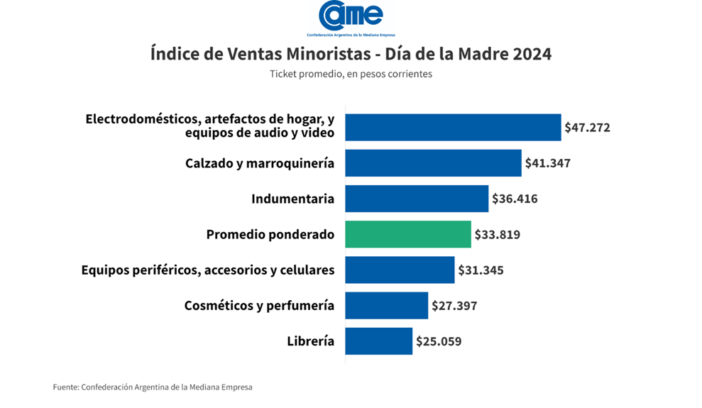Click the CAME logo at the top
coord(351,16)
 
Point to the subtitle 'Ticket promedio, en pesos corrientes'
coord(351,74)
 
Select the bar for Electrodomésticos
coord(453,128)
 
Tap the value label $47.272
coord(587,128)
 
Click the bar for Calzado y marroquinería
coord(433,163)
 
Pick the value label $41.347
coord(547,163)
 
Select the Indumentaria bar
coord(417,199)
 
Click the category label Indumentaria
coord(292,199)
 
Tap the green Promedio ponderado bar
coord(408,234)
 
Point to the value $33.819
coord(497,234)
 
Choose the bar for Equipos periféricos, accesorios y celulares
coord(400,270)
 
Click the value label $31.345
coord(481,270)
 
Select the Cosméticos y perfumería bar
coord(387,306)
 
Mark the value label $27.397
coord(454,306)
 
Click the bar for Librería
coord(379,341)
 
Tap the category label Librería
coord(310,341)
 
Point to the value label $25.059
coord(439,341)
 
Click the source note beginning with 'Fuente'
coord(153,387)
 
